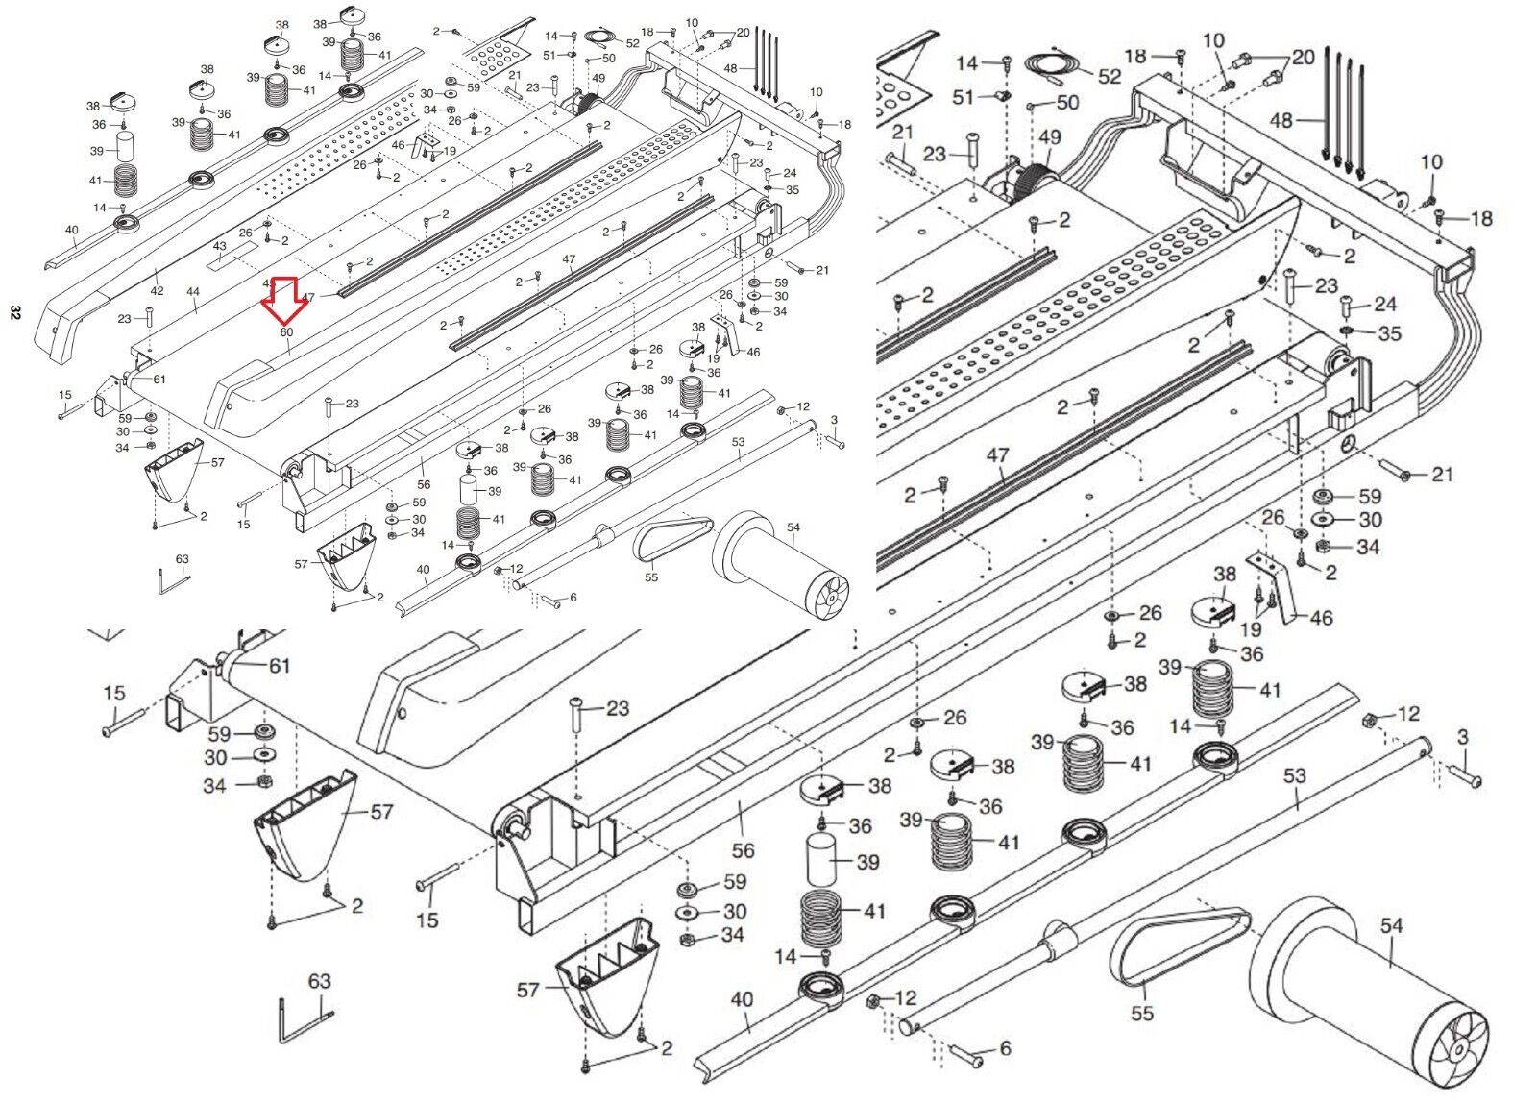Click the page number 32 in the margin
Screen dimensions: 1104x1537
point(14,311)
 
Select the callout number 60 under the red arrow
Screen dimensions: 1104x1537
point(286,332)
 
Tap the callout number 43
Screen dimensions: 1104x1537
point(219,247)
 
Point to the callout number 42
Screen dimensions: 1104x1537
point(157,291)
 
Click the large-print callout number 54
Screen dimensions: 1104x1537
point(1391,926)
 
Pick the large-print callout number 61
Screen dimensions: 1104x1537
point(279,666)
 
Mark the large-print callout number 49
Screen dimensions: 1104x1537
point(1050,137)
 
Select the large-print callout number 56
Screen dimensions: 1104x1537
point(743,850)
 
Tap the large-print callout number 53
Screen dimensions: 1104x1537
point(1294,774)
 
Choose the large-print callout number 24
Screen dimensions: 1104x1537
point(1384,305)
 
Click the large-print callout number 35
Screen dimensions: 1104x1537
point(1389,333)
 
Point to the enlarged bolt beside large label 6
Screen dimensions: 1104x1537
point(966,1054)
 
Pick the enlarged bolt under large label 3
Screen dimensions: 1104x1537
point(1467,774)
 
